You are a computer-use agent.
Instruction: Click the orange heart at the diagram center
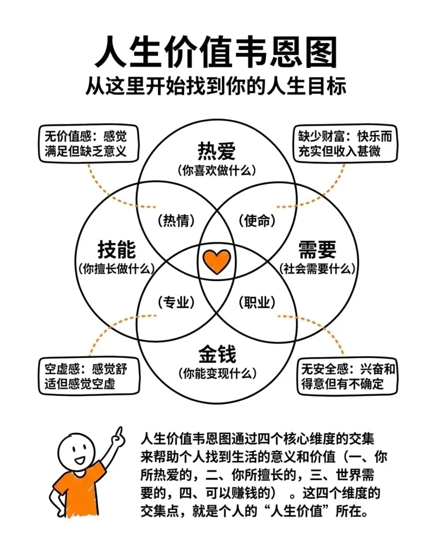pos(216,261)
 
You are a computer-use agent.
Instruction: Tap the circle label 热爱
pos(216,151)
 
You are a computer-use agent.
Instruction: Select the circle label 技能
pos(117,249)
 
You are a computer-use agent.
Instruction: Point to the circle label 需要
pos(317,249)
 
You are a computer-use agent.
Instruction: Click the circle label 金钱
pos(217,354)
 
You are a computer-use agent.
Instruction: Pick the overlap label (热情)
pos(176,220)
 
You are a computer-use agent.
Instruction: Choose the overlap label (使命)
pos(257,220)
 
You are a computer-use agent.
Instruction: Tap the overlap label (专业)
pos(176,302)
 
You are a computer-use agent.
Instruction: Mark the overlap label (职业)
pos(257,302)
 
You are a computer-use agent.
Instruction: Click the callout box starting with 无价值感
pos(88,144)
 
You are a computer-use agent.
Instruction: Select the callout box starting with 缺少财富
pos(345,144)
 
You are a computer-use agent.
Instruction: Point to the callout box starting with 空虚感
pos(89,376)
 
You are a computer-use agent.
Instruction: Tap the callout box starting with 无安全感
pos(347,376)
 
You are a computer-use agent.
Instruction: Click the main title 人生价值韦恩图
pos(215,52)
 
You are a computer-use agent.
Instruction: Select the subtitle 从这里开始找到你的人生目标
pos(215,86)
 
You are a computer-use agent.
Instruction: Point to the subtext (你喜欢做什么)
pos(216,171)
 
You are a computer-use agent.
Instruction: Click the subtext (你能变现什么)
pos(217,373)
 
